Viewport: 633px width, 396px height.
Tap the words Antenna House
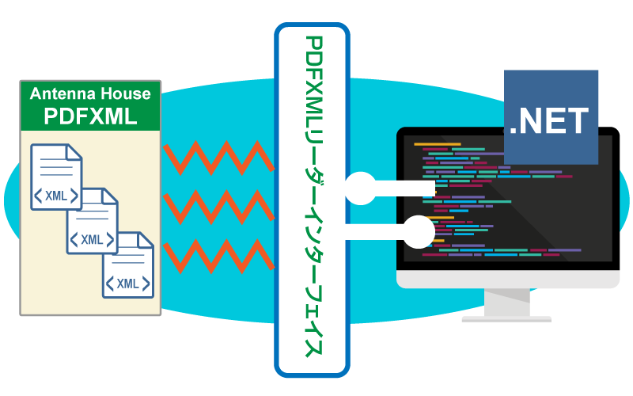point(89,94)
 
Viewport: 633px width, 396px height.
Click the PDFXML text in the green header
point(89,117)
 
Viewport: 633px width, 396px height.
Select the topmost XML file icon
point(55,177)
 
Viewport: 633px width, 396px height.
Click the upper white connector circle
point(360,188)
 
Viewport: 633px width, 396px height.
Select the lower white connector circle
point(419,232)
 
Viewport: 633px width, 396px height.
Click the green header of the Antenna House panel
point(89,105)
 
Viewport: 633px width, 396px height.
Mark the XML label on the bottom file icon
point(127,283)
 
